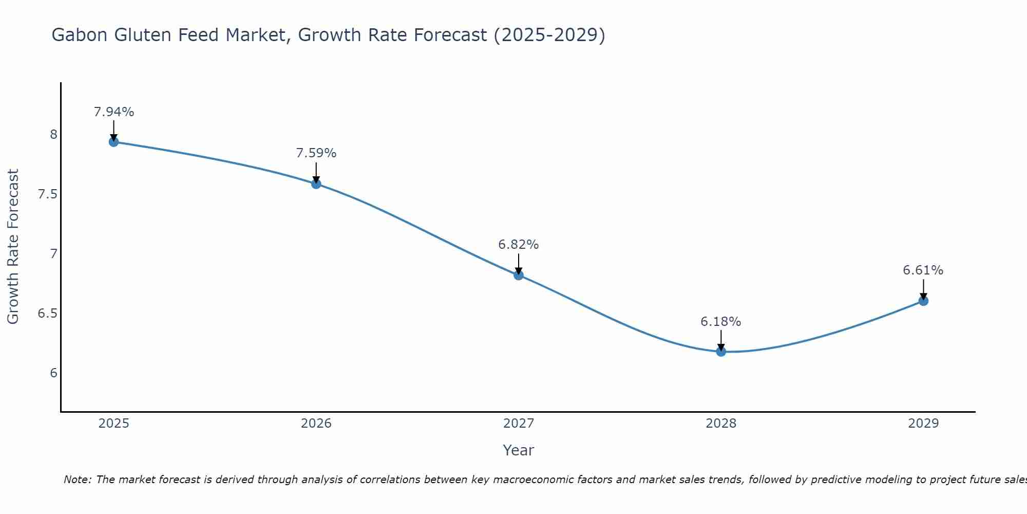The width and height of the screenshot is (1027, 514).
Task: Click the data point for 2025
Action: (x=114, y=142)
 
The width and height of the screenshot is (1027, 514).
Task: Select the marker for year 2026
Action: (x=316, y=183)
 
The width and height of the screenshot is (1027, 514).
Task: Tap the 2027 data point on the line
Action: (x=519, y=275)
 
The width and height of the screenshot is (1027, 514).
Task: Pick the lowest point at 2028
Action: (x=721, y=352)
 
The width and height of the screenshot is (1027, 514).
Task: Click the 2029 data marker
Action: (x=923, y=301)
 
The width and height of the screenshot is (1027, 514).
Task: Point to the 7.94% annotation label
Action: (x=114, y=112)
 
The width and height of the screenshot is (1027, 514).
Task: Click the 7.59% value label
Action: (x=316, y=153)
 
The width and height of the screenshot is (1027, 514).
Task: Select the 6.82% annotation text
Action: (x=519, y=245)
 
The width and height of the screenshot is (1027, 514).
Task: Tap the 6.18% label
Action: (x=721, y=322)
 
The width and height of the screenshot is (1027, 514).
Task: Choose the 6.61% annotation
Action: (x=923, y=270)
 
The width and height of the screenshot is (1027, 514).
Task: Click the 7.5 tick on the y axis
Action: (x=47, y=194)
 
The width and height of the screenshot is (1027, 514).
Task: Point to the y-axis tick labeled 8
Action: (x=53, y=135)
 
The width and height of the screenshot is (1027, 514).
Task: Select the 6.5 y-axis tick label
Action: (x=47, y=314)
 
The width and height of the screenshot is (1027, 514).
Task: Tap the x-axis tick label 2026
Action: (x=316, y=424)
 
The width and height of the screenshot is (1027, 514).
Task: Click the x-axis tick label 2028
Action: (x=721, y=424)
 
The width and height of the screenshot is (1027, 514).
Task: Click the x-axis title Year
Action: (x=519, y=450)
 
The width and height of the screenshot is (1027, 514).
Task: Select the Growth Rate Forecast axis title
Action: (x=13, y=247)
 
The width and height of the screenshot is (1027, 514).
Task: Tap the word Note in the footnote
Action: (x=77, y=480)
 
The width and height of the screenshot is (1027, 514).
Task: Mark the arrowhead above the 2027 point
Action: (x=519, y=271)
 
